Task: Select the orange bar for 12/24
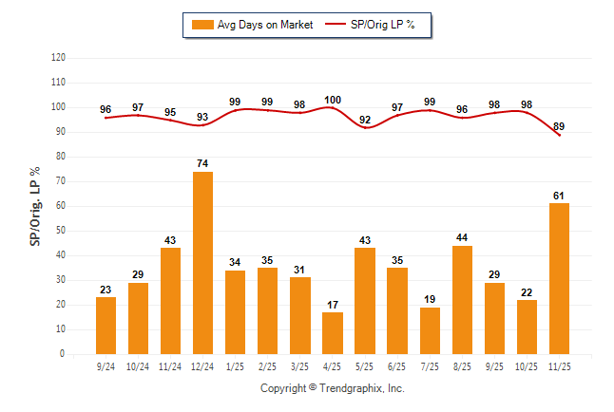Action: coord(202,263)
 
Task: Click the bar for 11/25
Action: coord(559,278)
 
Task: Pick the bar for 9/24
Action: coord(106,326)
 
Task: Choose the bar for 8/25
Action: coord(462,300)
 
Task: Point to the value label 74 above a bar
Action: coord(202,163)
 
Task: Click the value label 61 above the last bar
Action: coord(559,196)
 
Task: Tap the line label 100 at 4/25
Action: coord(333,100)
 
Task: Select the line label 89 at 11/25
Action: coord(559,126)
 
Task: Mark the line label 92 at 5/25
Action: coord(365,119)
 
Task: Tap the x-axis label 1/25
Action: coord(235,365)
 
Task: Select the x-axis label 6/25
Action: coord(397,365)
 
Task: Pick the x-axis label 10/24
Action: coord(138,365)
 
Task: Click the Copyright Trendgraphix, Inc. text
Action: coord(333,388)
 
